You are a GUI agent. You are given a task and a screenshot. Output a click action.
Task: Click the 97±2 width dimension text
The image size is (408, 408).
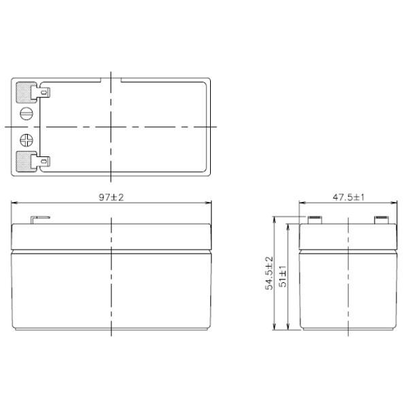click(111, 197)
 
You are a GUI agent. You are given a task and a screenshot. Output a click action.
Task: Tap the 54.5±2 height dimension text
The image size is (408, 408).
click(269, 274)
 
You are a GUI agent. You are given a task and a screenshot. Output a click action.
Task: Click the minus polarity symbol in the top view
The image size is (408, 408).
click(28, 114)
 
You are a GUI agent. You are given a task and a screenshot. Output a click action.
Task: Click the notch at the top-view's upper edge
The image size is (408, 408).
click(111, 80)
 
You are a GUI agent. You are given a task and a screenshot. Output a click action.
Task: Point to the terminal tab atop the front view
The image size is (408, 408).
click(39, 220)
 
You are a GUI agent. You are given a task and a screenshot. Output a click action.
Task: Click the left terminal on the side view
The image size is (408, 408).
click(315, 220)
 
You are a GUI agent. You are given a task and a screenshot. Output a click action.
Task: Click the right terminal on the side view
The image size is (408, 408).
click(380, 220)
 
